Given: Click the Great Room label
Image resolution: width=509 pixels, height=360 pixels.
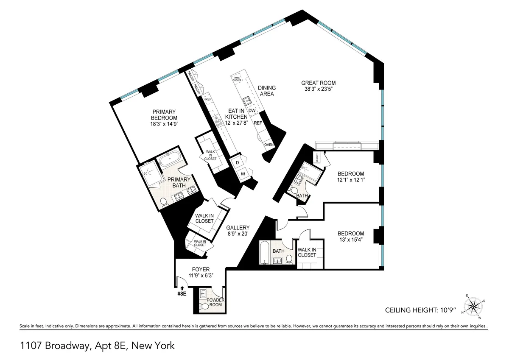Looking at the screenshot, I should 318,83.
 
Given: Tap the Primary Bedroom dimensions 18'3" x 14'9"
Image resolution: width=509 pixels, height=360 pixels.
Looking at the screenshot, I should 164,124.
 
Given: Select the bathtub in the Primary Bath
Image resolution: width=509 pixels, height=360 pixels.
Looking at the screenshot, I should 172,161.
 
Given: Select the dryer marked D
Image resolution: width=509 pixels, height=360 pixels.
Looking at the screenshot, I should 237,162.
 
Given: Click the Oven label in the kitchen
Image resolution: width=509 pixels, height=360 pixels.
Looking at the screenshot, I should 268,145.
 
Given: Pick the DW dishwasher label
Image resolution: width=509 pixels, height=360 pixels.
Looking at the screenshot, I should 252,111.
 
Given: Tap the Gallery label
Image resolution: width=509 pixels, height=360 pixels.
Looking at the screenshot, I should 238,227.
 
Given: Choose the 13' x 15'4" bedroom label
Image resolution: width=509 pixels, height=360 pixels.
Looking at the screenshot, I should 351,240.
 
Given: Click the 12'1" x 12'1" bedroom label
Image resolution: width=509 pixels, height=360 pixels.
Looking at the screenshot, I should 351,180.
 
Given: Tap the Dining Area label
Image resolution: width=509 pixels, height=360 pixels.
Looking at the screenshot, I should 266,91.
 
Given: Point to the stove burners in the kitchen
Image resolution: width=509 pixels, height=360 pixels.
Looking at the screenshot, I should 218,122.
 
